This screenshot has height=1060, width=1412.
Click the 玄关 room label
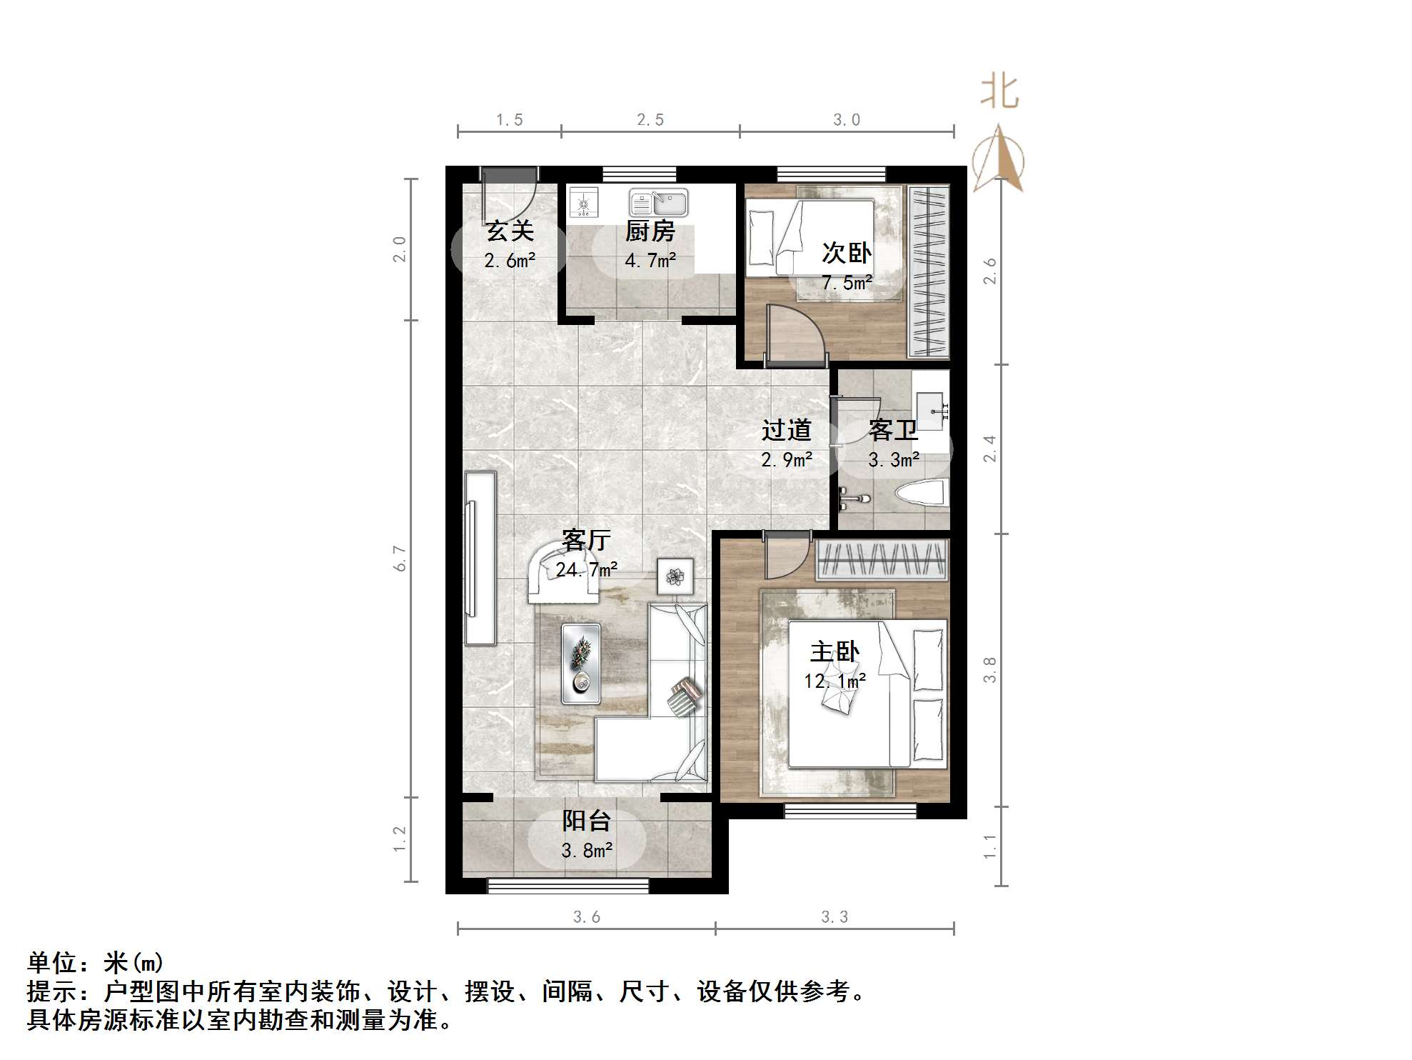[510, 231]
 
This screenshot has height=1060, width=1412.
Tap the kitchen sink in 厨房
[658, 203]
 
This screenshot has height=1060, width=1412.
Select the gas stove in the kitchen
[584, 203]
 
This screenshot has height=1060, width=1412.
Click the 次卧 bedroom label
[847, 252]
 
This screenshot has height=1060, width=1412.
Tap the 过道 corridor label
[786, 430]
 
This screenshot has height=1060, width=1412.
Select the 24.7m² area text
[587, 569]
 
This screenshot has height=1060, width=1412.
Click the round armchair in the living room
[563, 571]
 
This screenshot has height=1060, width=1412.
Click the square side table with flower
[675, 575]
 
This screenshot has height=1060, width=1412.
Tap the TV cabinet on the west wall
[480, 558]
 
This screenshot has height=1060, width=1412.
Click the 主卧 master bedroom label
[834, 651]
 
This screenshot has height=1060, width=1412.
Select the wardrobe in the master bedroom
[882, 559]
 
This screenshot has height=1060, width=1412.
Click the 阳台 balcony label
[586, 821]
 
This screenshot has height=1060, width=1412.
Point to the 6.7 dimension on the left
[400, 558]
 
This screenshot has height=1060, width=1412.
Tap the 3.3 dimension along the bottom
[834, 916]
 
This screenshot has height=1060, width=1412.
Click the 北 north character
[999, 92]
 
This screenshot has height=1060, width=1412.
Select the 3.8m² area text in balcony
[587, 851]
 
